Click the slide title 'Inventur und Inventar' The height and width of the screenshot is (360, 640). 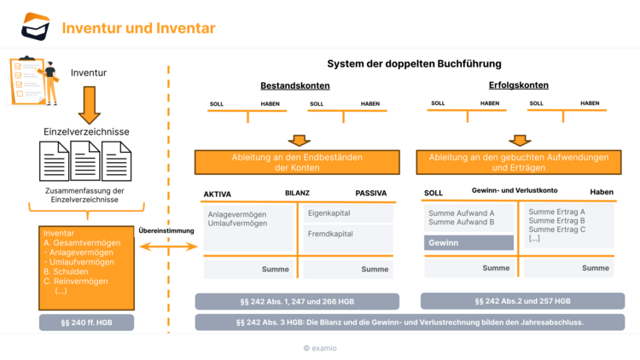[x=138, y=28]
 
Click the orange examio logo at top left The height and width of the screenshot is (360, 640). [x=36, y=26]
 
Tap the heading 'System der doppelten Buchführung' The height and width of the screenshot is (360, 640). [x=414, y=64]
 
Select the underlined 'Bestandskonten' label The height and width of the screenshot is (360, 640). [x=294, y=86]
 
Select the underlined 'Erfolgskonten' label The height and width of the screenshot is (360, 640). [x=518, y=85]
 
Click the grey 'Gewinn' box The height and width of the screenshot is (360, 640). [x=468, y=243]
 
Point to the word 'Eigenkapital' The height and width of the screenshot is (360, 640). [x=329, y=213]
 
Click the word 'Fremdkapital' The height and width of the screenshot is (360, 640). [x=329, y=234]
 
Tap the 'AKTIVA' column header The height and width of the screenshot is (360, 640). [x=217, y=194]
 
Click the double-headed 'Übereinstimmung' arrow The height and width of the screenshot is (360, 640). [x=167, y=247]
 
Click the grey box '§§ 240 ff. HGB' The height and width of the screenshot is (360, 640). [x=86, y=322]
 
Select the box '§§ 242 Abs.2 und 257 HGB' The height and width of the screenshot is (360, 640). [x=522, y=301]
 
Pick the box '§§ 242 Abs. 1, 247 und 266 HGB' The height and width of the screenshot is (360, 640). [x=296, y=301]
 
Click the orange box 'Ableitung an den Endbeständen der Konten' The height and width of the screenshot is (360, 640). [x=296, y=163]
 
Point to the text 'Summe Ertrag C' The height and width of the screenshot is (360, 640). [x=556, y=229]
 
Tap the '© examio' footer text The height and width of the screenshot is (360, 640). [x=319, y=348]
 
